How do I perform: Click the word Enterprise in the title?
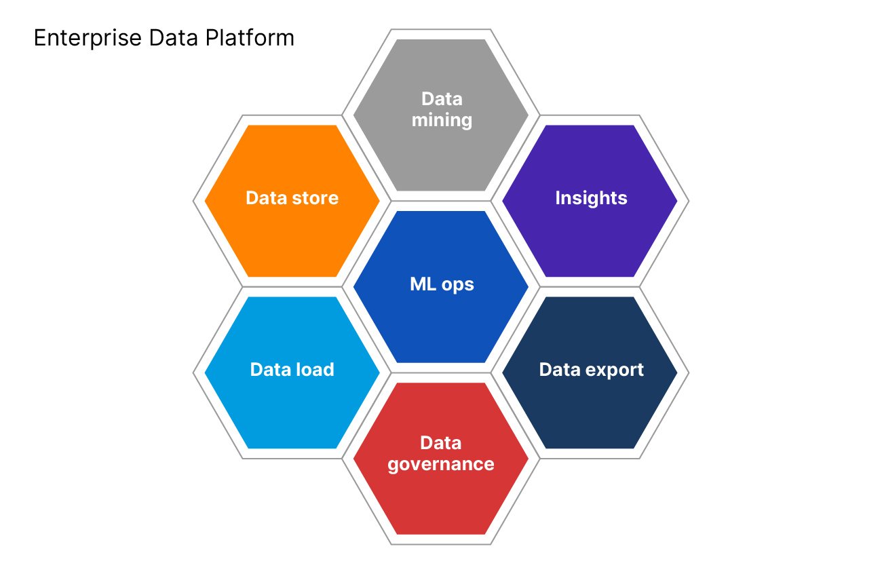[74, 39]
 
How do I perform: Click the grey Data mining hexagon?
[441, 149]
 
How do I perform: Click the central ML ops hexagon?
[441, 319]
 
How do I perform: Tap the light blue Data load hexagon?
[292, 407]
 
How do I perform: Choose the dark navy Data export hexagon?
[590, 407]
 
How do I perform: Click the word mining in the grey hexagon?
[442, 121]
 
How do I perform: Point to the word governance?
[441, 464]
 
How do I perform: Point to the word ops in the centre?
[457, 284]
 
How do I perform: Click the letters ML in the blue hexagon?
[423, 284]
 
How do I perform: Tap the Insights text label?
[591, 198]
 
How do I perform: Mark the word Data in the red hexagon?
[441, 443]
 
